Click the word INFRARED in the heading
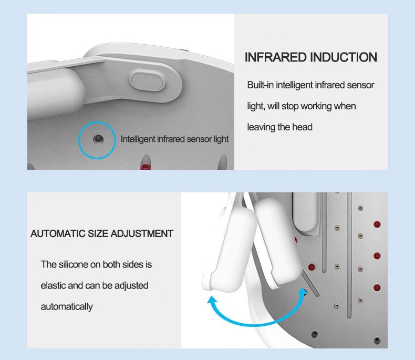(275, 57)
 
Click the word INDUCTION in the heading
(344, 57)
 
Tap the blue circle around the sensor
(97, 122)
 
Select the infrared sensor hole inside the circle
(98, 139)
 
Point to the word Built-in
(261, 85)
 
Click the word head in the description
(302, 127)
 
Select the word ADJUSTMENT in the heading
(142, 234)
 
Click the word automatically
(67, 307)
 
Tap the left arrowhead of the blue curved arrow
(212, 300)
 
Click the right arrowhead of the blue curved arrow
(302, 292)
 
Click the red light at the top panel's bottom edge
(146, 167)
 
